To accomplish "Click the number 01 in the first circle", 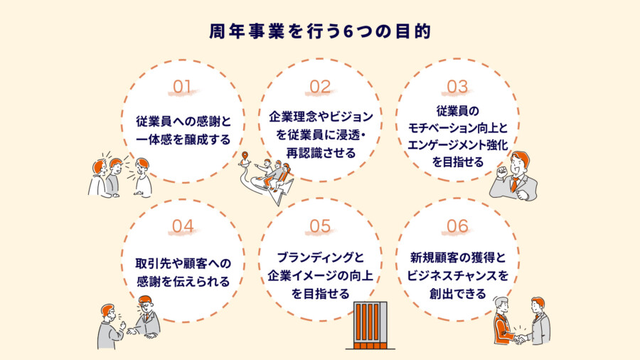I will point(183,88).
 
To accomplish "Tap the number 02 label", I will point(320,88).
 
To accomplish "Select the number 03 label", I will point(457,87).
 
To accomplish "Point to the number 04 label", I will point(183,227).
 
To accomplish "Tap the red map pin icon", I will point(245,157).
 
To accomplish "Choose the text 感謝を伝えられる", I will point(183,281).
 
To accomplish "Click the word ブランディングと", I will point(320,259).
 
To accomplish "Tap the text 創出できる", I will point(457,294).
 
